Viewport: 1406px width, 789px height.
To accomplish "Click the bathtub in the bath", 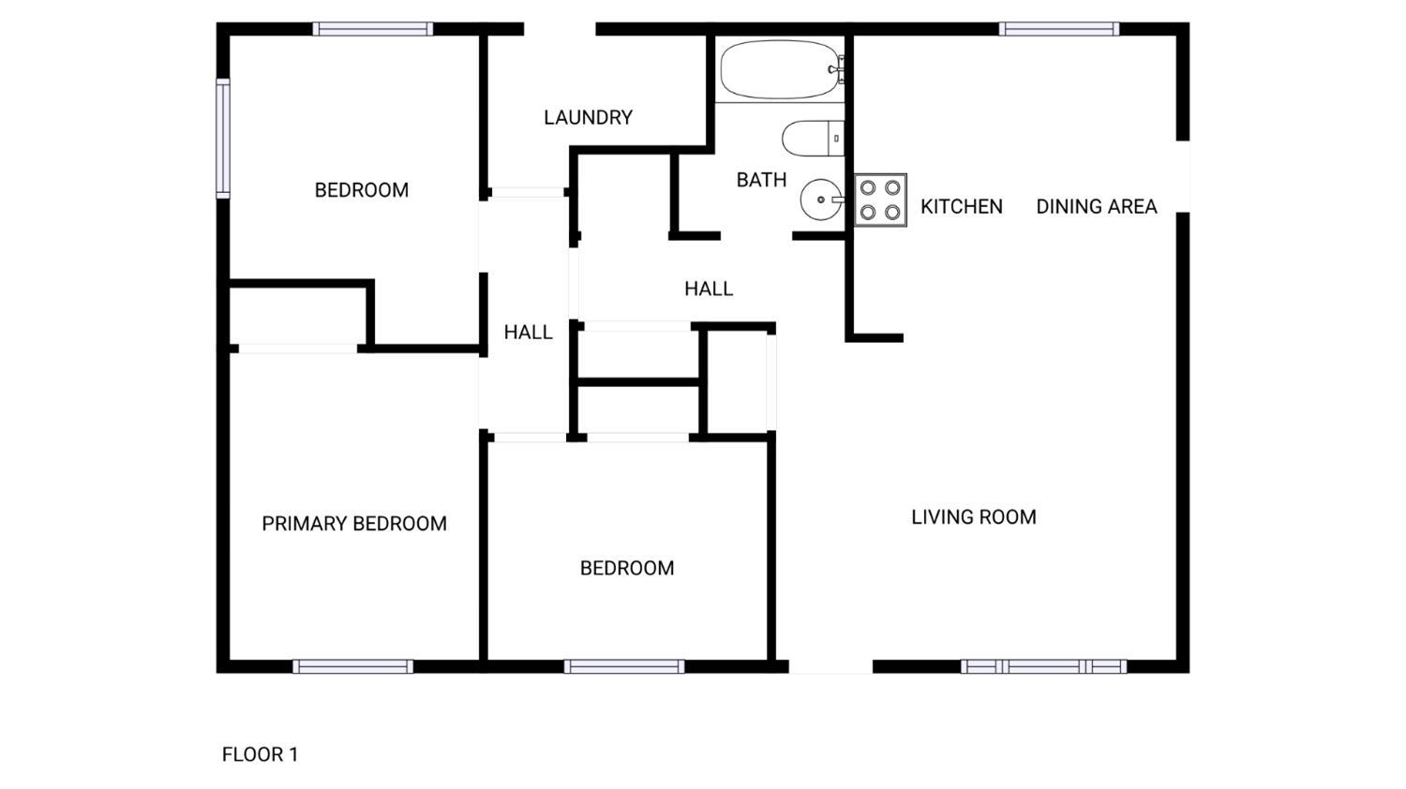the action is (x=782, y=69).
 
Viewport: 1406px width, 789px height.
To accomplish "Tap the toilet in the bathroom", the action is (x=813, y=138).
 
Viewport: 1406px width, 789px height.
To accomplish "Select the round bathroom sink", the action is (x=821, y=200).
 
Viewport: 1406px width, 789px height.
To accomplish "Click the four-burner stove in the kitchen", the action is (x=880, y=201).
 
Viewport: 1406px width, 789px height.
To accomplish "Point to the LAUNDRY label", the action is (x=588, y=117).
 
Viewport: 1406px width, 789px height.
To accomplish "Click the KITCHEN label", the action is (x=962, y=206).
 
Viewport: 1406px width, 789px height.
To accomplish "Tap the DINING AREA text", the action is (x=1097, y=206).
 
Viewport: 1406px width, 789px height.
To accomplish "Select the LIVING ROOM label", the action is (x=974, y=517).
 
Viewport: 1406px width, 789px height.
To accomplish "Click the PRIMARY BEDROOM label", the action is (x=354, y=524).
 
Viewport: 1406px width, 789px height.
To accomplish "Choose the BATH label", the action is (x=761, y=180).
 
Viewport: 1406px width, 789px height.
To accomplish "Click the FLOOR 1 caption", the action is (x=260, y=754).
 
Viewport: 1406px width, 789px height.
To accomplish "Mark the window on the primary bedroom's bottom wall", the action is (x=352, y=666).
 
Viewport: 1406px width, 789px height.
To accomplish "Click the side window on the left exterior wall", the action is (x=223, y=139).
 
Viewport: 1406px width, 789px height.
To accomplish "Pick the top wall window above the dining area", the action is (x=1059, y=29).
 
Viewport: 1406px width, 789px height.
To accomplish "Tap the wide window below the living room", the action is (x=1044, y=666).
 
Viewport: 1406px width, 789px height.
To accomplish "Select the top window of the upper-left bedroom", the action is (x=373, y=29).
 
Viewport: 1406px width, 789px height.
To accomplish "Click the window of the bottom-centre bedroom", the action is (x=624, y=666).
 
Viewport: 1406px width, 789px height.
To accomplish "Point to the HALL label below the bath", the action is (x=709, y=289).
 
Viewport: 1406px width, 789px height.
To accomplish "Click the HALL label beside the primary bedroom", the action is (x=528, y=332).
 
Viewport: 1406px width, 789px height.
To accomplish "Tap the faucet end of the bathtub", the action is (x=838, y=69).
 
